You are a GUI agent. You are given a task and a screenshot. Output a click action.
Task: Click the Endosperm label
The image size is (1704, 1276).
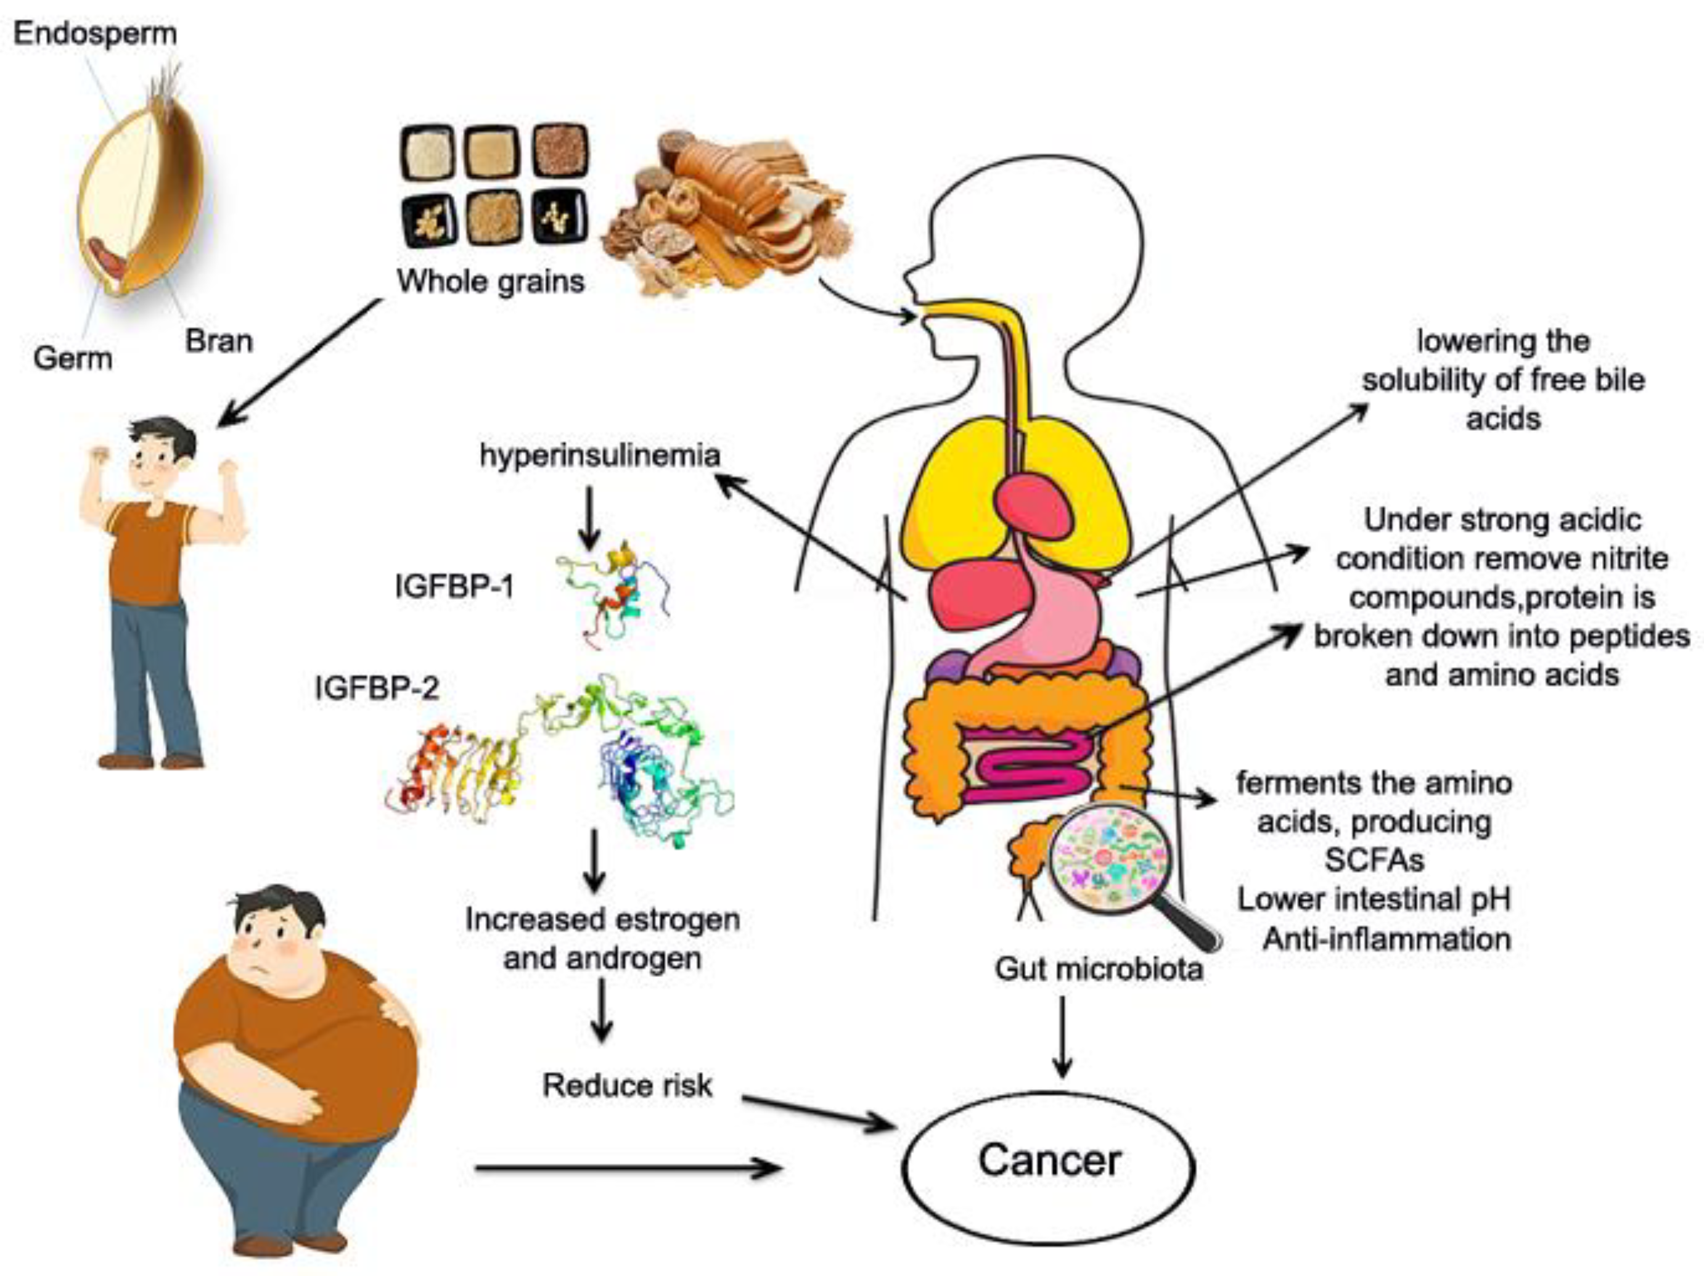(x=96, y=34)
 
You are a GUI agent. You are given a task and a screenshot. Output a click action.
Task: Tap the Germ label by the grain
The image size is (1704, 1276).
(x=72, y=358)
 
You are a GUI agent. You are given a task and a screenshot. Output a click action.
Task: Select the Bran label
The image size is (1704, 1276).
(x=219, y=341)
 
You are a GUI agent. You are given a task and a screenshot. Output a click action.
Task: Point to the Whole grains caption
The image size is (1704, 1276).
(x=491, y=281)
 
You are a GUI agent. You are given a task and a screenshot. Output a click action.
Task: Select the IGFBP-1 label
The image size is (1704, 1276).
(x=454, y=587)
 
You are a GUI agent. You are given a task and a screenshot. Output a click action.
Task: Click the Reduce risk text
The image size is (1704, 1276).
(x=627, y=1086)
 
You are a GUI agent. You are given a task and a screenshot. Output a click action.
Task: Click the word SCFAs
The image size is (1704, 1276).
(x=1374, y=859)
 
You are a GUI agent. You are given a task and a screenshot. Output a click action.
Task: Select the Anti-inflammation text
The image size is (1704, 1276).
(x=1387, y=939)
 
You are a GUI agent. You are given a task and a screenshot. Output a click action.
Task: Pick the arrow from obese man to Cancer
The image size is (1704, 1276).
(x=628, y=1168)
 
